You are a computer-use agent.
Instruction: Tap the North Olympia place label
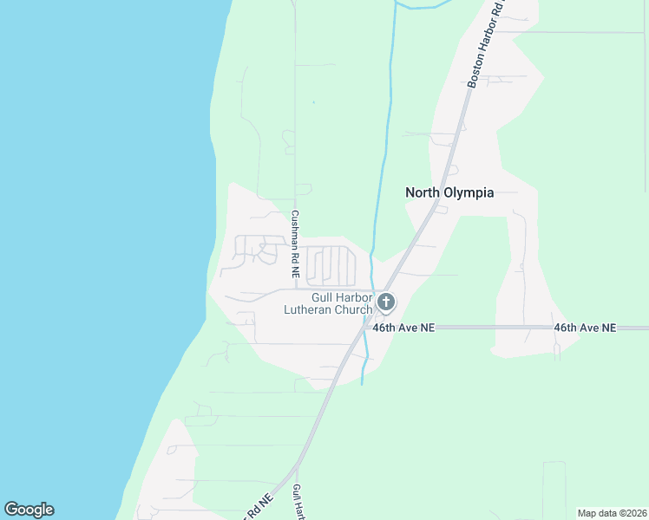[449, 192]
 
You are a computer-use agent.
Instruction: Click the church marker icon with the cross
[386, 302]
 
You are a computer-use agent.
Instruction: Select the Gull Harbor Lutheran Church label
[329, 303]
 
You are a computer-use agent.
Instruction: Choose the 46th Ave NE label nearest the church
[403, 328]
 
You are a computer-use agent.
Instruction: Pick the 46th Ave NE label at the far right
[585, 328]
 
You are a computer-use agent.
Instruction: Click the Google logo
[29, 510]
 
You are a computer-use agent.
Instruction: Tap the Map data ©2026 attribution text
[613, 513]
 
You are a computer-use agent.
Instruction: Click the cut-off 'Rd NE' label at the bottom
[259, 506]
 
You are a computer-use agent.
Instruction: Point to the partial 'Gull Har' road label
[297, 503]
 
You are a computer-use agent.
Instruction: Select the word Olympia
[470, 192]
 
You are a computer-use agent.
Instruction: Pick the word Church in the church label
[354, 309]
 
